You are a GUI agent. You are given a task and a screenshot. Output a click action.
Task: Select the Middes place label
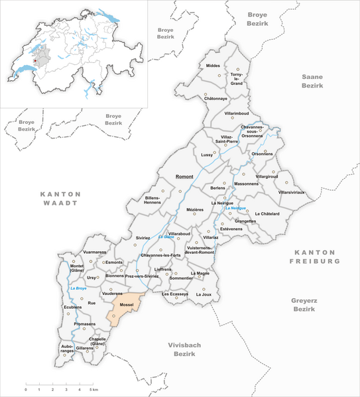pyautogui.click(x=213, y=66)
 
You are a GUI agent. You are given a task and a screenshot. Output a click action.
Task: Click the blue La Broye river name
pyautogui.click(x=78, y=288)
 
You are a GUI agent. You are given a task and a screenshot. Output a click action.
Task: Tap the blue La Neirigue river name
pyautogui.click(x=235, y=209)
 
